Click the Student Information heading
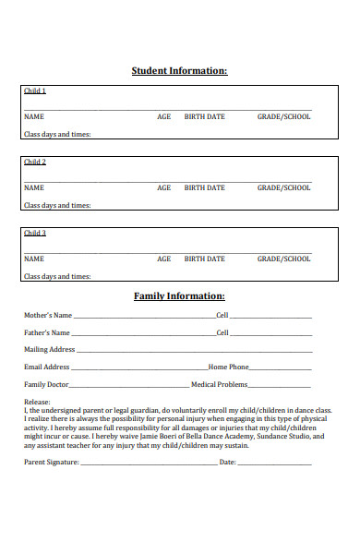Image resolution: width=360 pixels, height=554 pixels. tap(179, 71)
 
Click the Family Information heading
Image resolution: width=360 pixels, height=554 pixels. tap(179, 296)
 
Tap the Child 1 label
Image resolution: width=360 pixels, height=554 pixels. tap(34, 90)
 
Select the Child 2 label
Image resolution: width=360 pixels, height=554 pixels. tap(34, 162)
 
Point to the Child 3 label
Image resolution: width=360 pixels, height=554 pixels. tap(34, 233)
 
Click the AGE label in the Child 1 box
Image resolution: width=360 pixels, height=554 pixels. tap(163, 117)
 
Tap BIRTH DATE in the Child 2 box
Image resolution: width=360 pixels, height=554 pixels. tap(204, 188)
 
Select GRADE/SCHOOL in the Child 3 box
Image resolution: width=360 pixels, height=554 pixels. tap(283, 259)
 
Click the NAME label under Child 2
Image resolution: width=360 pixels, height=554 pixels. tap(33, 188)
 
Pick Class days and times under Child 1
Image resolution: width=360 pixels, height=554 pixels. tap(56, 135)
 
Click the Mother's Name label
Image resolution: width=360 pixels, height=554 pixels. tap(47, 316)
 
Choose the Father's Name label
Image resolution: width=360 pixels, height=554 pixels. tap(46, 332)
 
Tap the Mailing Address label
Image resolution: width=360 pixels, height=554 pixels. tap(49, 350)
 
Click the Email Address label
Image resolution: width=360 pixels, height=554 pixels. tap(46, 367)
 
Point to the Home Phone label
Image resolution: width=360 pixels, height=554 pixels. tap(229, 367)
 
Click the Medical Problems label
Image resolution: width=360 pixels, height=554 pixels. tap(219, 384)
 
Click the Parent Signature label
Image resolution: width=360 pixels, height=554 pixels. tap(51, 461)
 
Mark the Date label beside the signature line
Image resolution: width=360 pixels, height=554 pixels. tap(227, 461)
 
